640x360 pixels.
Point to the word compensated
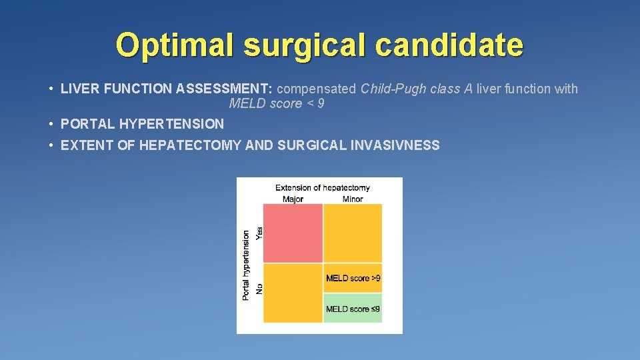pos(316,89)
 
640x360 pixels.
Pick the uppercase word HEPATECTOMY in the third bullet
pos(190,145)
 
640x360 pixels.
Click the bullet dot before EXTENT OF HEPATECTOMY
pos(51,145)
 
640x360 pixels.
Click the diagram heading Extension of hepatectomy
pos(322,188)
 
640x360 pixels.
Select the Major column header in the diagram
pos(292,199)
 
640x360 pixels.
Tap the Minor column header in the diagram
pos(352,199)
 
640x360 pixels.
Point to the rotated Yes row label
pos(259,233)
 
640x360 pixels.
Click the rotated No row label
pos(259,288)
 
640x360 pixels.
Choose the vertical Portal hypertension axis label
pos(246,265)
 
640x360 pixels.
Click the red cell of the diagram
pos(293,233)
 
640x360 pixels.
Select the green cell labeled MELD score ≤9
pos(353,309)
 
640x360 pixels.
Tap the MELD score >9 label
pos(353,278)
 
